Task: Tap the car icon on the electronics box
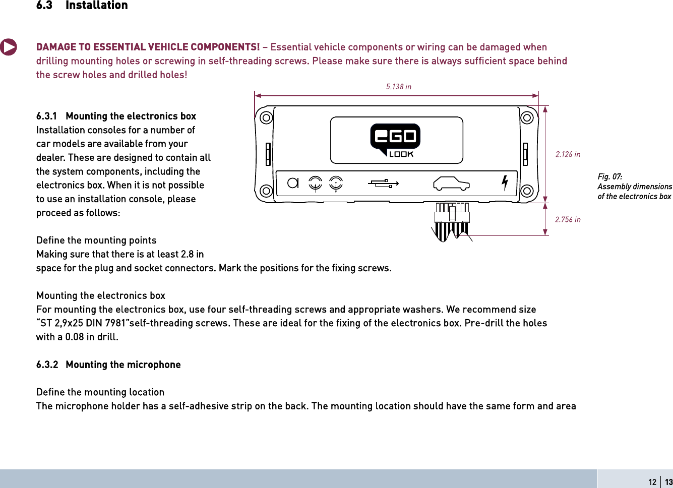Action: [451, 184]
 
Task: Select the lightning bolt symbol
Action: [505, 182]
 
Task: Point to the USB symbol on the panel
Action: [383, 184]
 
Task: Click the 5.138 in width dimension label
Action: [398, 87]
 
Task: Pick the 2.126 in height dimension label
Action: [568, 154]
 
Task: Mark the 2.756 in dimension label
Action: [568, 219]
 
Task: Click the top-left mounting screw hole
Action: [266, 118]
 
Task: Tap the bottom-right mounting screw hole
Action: [527, 191]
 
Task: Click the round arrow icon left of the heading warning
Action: [8, 47]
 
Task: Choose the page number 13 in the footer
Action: [668, 482]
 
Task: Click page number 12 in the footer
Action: [652, 482]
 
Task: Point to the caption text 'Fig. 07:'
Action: [609, 176]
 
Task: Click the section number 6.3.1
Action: [46, 116]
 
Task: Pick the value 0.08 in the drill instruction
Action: [75, 337]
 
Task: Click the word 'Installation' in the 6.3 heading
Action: [97, 6]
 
